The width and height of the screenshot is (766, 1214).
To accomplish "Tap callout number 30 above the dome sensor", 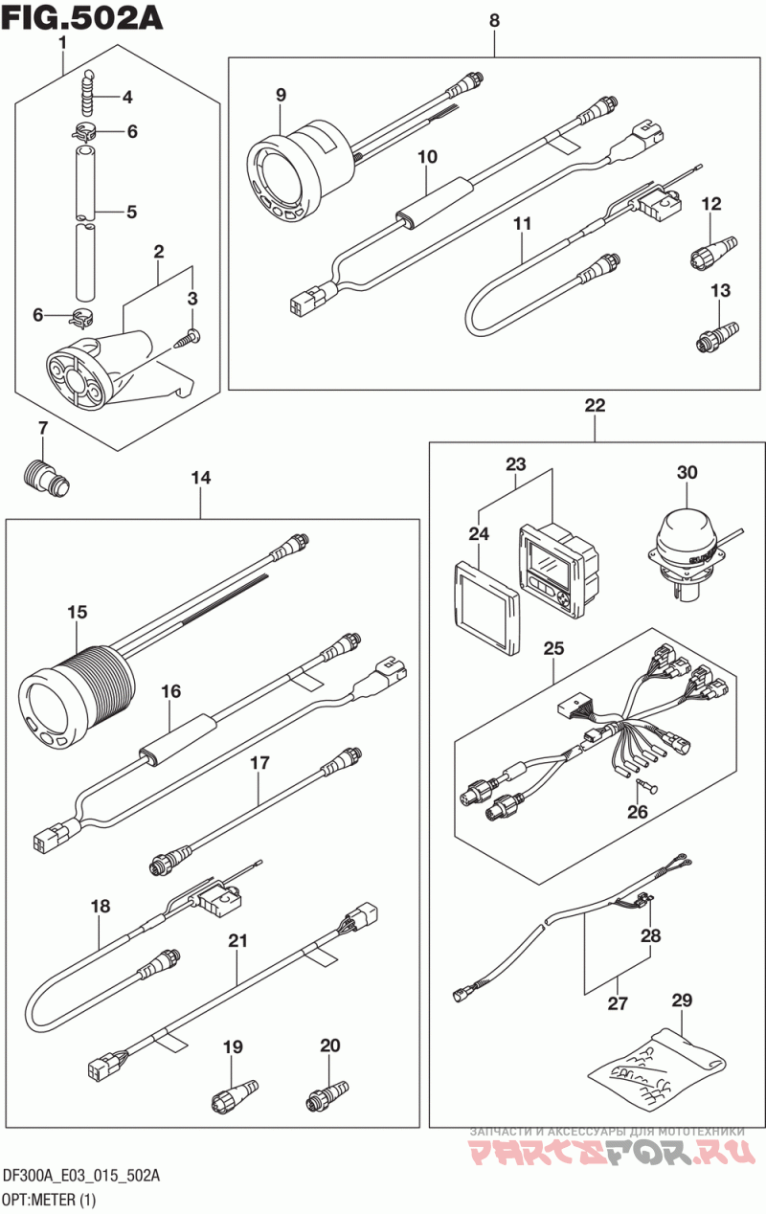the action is [x=687, y=472].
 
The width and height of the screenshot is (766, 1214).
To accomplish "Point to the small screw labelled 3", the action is [x=188, y=338].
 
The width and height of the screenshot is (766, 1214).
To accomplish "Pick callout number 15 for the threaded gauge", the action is [x=78, y=612].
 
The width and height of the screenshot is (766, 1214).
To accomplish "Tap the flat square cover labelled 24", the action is [x=486, y=608].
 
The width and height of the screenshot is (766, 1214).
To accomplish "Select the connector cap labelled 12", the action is [x=714, y=247].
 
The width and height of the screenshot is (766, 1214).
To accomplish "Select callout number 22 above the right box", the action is [x=595, y=405].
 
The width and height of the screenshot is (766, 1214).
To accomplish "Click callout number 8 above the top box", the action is [x=494, y=21].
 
